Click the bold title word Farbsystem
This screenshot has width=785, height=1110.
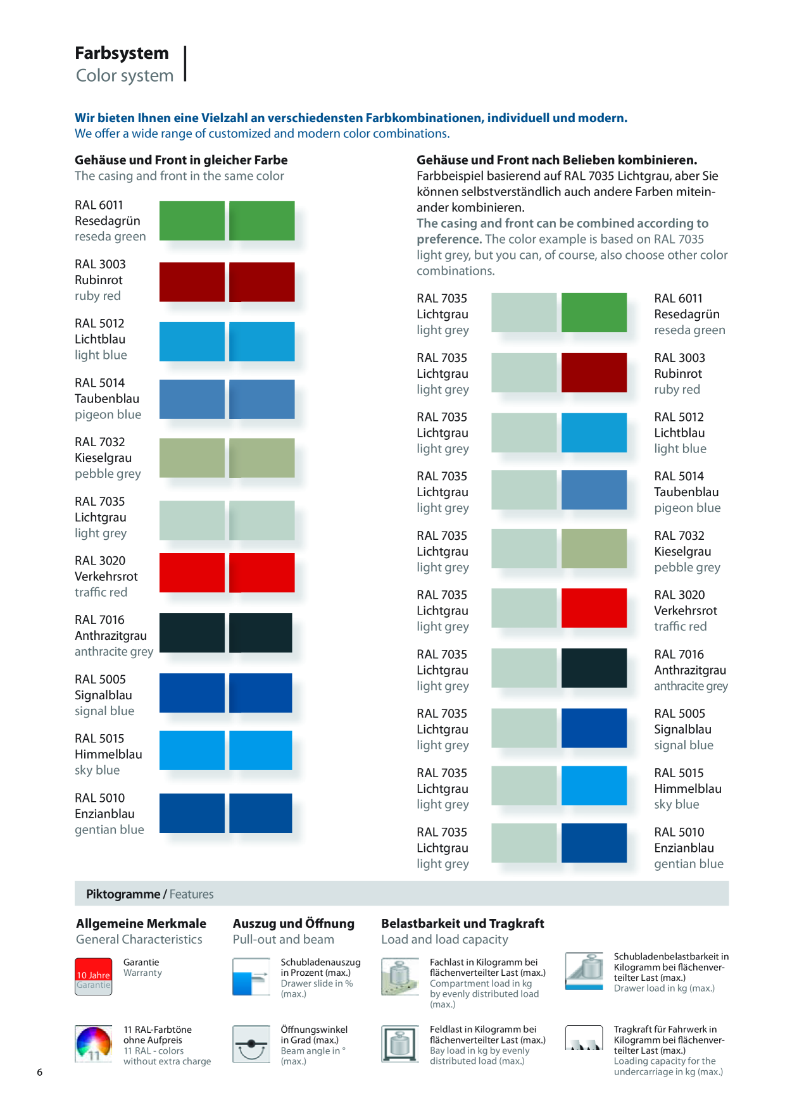(122, 53)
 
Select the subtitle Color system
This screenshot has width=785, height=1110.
(125, 76)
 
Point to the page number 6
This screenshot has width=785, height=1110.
(40, 1072)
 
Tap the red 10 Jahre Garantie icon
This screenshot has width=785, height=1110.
(94, 976)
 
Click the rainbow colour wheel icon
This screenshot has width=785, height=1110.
(94, 1044)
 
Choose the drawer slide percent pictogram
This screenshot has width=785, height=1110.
(251, 976)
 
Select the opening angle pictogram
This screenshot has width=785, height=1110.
(251, 1044)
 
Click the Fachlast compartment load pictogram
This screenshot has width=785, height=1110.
(400, 976)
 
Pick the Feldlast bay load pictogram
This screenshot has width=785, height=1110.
(400, 1044)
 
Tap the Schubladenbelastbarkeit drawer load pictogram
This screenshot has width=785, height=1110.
(584, 971)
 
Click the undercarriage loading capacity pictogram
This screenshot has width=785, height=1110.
(584, 1038)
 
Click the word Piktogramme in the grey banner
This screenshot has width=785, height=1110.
(123, 894)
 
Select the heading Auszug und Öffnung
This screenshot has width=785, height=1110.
(294, 923)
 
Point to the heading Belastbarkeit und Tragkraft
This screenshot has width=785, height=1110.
(463, 923)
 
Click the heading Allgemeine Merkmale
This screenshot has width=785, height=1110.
(141, 923)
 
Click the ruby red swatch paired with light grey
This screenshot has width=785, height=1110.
(594, 373)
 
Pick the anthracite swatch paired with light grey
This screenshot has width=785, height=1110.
(594, 668)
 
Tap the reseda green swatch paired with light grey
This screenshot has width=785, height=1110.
(594, 313)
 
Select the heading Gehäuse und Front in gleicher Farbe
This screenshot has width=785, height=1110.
(181, 160)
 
